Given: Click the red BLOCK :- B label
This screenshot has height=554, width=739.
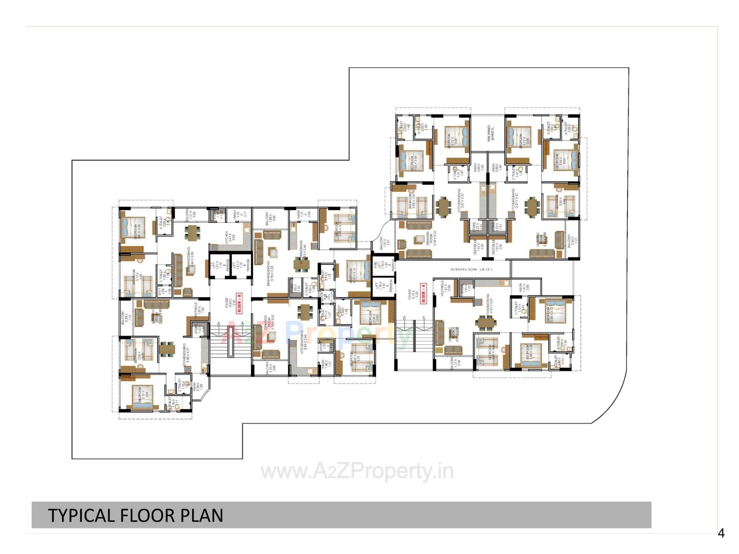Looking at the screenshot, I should [x=239, y=303].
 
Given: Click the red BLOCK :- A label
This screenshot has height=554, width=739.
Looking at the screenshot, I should [x=423, y=293].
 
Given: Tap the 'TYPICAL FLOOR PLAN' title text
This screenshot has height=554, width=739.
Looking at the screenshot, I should [x=135, y=515].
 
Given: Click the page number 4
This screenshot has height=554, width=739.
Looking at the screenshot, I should [x=721, y=533].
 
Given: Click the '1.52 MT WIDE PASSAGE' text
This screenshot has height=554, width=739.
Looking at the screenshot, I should [x=471, y=269].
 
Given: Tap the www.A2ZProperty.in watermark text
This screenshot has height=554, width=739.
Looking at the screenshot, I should [x=357, y=472].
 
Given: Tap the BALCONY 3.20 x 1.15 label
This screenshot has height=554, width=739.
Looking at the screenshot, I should [x=126, y=318].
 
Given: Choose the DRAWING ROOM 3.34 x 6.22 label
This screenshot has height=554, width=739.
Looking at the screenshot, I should [x=431, y=239].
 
